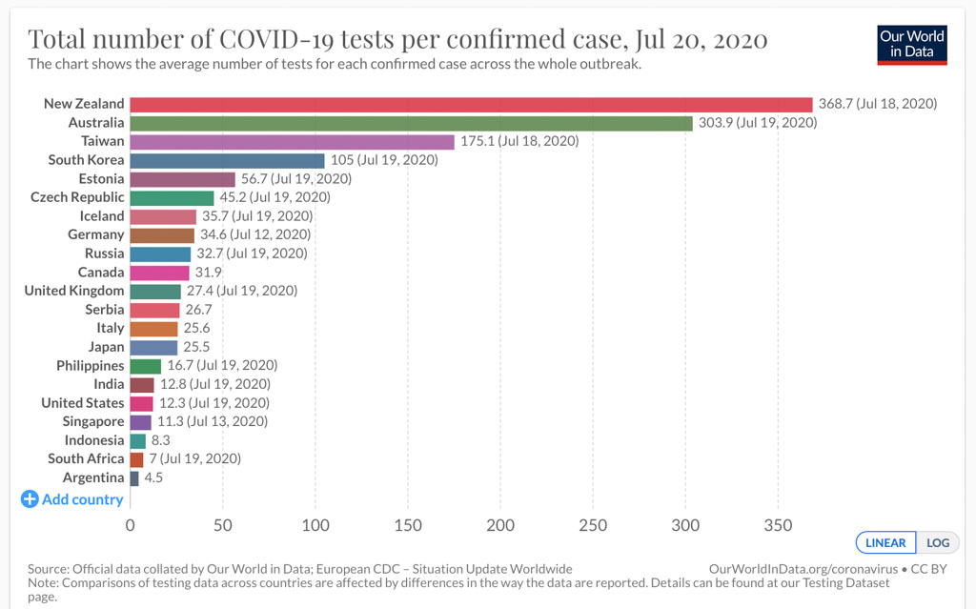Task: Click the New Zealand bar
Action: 471,104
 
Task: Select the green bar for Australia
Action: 411,123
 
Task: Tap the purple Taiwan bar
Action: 292,141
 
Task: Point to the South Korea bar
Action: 227,160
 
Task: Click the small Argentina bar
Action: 134,477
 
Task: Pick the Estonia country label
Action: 101,178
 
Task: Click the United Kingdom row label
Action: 74,291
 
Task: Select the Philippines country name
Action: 90,365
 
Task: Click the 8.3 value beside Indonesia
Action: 162,440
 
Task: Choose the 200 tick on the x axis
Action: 500,524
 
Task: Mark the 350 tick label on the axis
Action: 778,524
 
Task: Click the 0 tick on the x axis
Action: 131,524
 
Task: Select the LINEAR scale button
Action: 885,542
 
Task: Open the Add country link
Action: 72,499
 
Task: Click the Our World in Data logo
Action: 912,44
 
